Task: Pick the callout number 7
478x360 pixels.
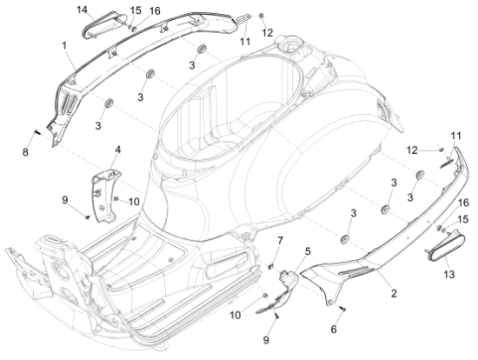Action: [280, 240]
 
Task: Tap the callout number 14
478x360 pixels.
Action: [83, 10]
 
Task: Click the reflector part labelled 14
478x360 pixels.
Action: [101, 26]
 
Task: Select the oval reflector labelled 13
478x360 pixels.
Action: [434, 254]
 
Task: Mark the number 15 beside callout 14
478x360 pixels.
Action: [135, 10]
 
